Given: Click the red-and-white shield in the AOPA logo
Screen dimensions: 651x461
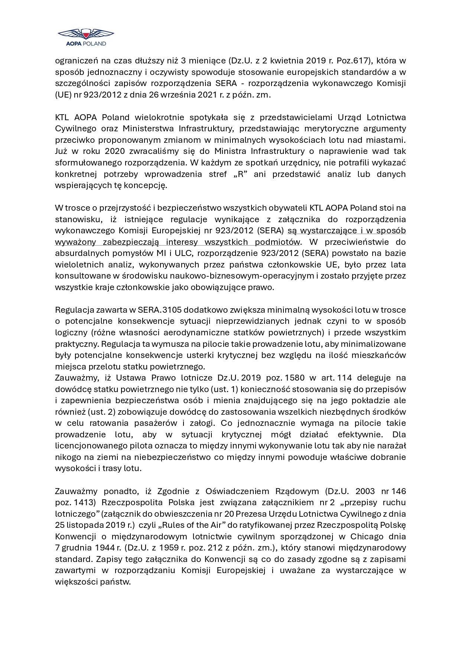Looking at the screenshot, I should tap(86, 34).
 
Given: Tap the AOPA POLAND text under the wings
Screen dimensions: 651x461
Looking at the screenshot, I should tap(86, 43).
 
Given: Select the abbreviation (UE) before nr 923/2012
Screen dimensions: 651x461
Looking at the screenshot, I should tap(63, 95).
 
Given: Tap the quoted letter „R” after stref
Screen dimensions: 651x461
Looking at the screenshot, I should tap(240, 174).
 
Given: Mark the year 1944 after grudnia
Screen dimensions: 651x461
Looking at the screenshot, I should tap(105, 548).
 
